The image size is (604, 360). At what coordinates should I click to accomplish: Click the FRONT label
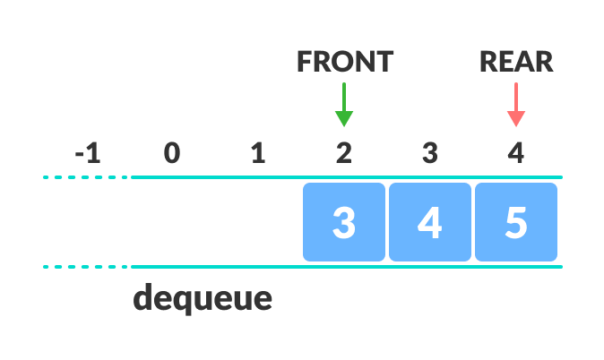(344, 61)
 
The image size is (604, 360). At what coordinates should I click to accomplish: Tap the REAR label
(516, 61)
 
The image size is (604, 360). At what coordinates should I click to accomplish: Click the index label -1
(88, 154)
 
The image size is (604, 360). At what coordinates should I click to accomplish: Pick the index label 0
(172, 154)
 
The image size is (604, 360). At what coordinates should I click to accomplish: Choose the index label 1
(258, 154)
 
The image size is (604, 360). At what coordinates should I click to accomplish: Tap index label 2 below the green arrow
(344, 154)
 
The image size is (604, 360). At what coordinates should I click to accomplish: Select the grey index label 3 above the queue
(430, 154)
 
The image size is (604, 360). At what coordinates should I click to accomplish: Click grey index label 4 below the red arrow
(516, 154)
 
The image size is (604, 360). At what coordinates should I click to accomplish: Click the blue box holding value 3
(344, 222)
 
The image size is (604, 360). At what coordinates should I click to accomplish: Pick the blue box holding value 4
(430, 222)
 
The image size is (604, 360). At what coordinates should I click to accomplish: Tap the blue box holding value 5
(516, 222)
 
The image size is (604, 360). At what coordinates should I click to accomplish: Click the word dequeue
(203, 297)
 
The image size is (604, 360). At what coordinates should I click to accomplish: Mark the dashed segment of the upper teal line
(85, 177)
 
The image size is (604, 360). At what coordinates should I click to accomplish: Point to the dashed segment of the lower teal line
(85, 267)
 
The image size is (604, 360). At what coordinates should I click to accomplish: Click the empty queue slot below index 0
(172, 222)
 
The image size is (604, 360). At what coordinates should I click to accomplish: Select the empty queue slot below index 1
(258, 222)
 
